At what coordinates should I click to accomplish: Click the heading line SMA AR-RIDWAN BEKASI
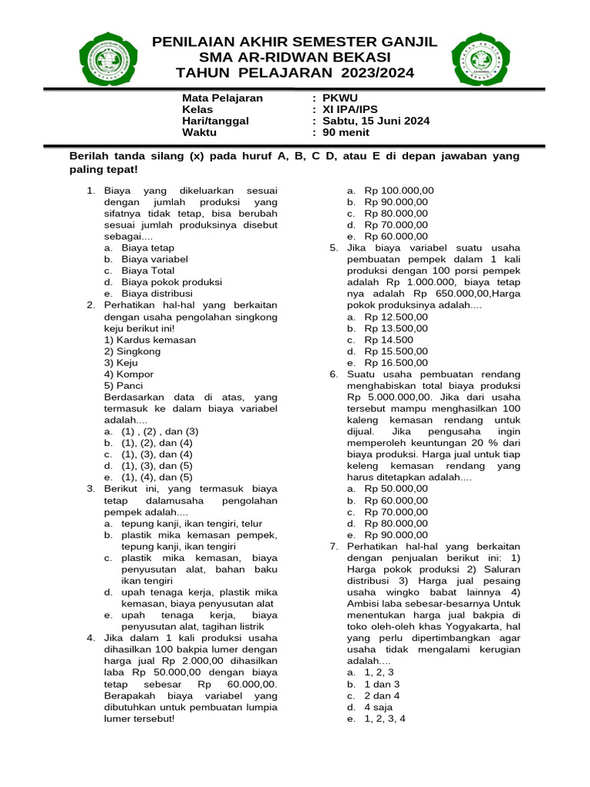click(x=294, y=58)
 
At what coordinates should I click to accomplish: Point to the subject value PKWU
click(x=340, y=98)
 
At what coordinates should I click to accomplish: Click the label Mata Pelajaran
click(x=222, y=98)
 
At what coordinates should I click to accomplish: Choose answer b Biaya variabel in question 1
click(x=154, y=260)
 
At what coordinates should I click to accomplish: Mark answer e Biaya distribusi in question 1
click(x=156, y=294)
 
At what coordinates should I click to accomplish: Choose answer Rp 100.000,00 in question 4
click(x=399, y=191)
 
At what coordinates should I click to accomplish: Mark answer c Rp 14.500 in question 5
click(x=389, y=340)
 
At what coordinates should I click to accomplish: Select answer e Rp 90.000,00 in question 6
click(x=396, y=535)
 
